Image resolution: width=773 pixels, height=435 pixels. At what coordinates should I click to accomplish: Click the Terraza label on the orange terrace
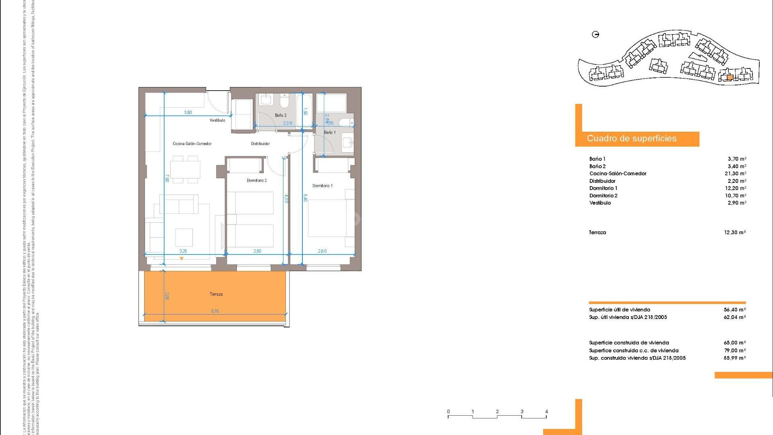click(x=216, y=294)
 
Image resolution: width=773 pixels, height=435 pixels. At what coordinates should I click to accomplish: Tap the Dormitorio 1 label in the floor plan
click(x=322, y=186)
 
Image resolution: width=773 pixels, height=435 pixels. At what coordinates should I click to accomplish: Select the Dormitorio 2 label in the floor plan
click(x=256, y=180)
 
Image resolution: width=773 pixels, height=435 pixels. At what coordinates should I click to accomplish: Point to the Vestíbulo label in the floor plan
click(x=217, y=120)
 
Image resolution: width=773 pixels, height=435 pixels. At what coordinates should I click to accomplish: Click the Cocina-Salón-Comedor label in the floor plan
click(x=192, y=144)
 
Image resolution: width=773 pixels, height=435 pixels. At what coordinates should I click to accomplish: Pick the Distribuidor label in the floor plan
click(x=260, y=144)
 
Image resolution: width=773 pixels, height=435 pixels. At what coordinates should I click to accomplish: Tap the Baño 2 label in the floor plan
click(x=281, y=116)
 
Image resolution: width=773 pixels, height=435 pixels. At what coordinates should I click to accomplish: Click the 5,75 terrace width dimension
click(x=215, y=311)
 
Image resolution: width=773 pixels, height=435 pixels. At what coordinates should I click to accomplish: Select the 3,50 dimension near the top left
click(x=188, y=113)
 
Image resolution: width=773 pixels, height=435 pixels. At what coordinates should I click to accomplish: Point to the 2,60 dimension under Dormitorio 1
click(x=322, y=251)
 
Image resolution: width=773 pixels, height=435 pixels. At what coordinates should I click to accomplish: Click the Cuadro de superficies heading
click(x=632, y=139)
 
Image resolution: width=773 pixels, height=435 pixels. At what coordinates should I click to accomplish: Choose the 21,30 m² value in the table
click(x=735, y=174)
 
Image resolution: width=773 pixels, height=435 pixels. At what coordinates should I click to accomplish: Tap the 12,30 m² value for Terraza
click(x=735, y=232)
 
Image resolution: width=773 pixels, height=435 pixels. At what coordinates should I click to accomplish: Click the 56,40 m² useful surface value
click(x=735, y=310)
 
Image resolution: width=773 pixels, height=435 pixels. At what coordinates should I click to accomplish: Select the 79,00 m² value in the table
click(x=735, y=350)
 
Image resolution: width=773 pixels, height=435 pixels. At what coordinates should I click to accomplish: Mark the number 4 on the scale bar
click(x=546, y=412)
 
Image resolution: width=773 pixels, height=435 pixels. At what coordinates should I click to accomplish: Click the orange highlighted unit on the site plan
click(x=730, y=78)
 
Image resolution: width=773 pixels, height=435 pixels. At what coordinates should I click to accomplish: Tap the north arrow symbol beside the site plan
click(x=596, y=35)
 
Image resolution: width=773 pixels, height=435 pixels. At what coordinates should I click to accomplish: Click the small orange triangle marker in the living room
click(x=182, y=259)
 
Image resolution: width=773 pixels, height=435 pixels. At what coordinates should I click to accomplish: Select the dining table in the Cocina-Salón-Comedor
click(x=185, y=170)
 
